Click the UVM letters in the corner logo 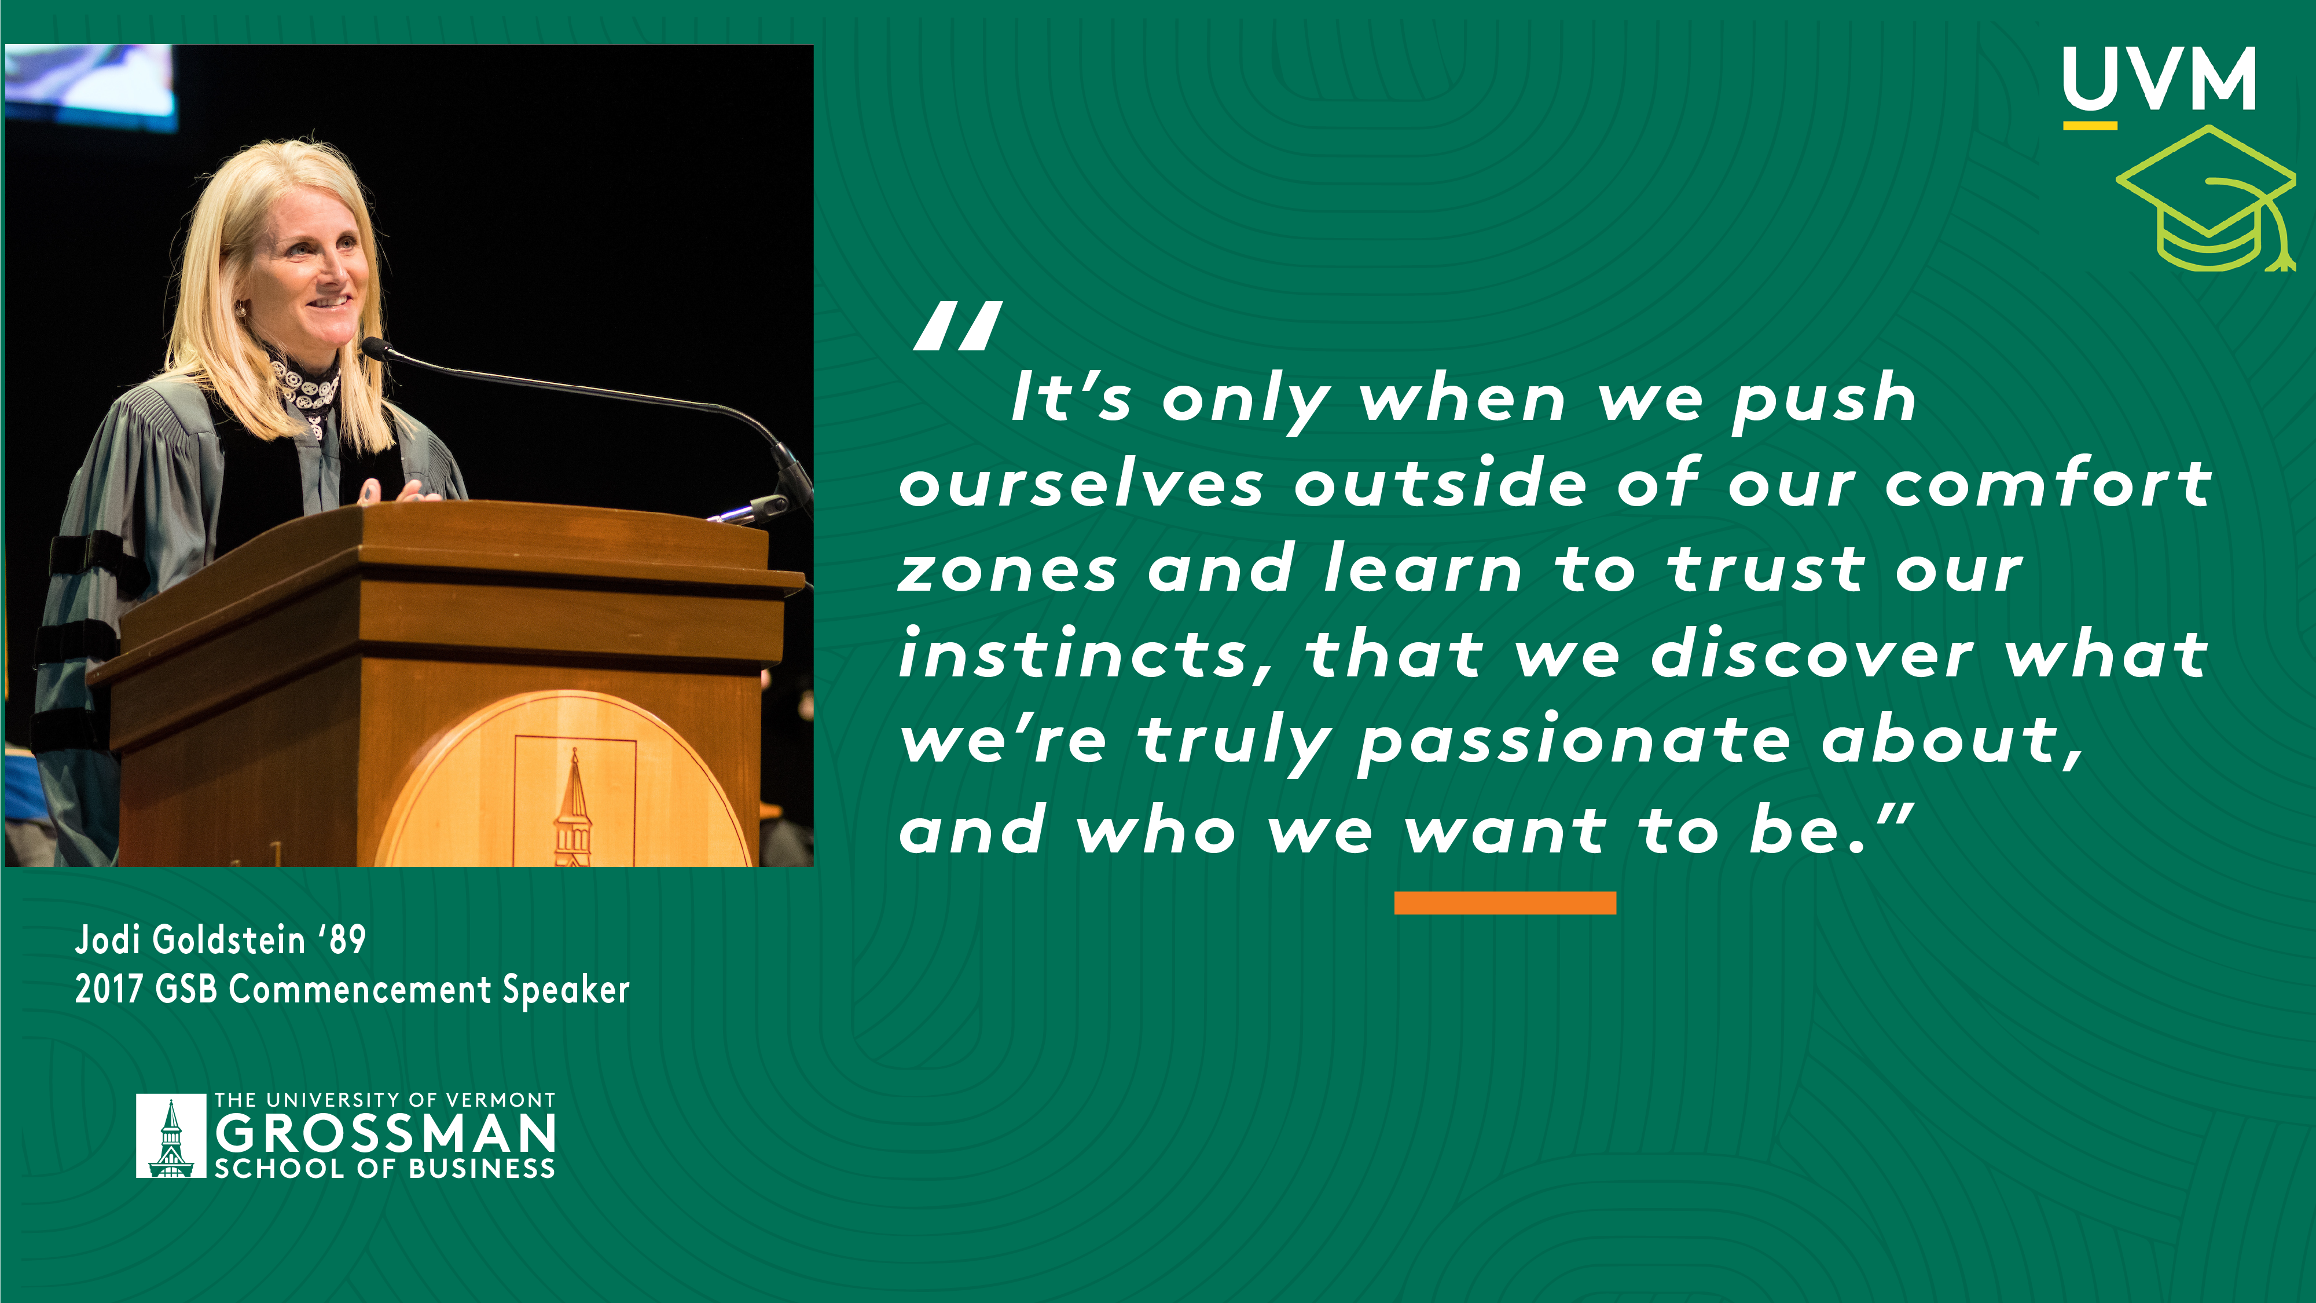[2159, 79]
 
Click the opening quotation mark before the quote [957, 325]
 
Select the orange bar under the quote [1505, 903]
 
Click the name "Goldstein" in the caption [229, 940]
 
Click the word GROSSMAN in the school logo [386, 1133]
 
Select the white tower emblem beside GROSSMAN [171, 1136]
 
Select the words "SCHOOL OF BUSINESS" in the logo [385, 1168]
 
